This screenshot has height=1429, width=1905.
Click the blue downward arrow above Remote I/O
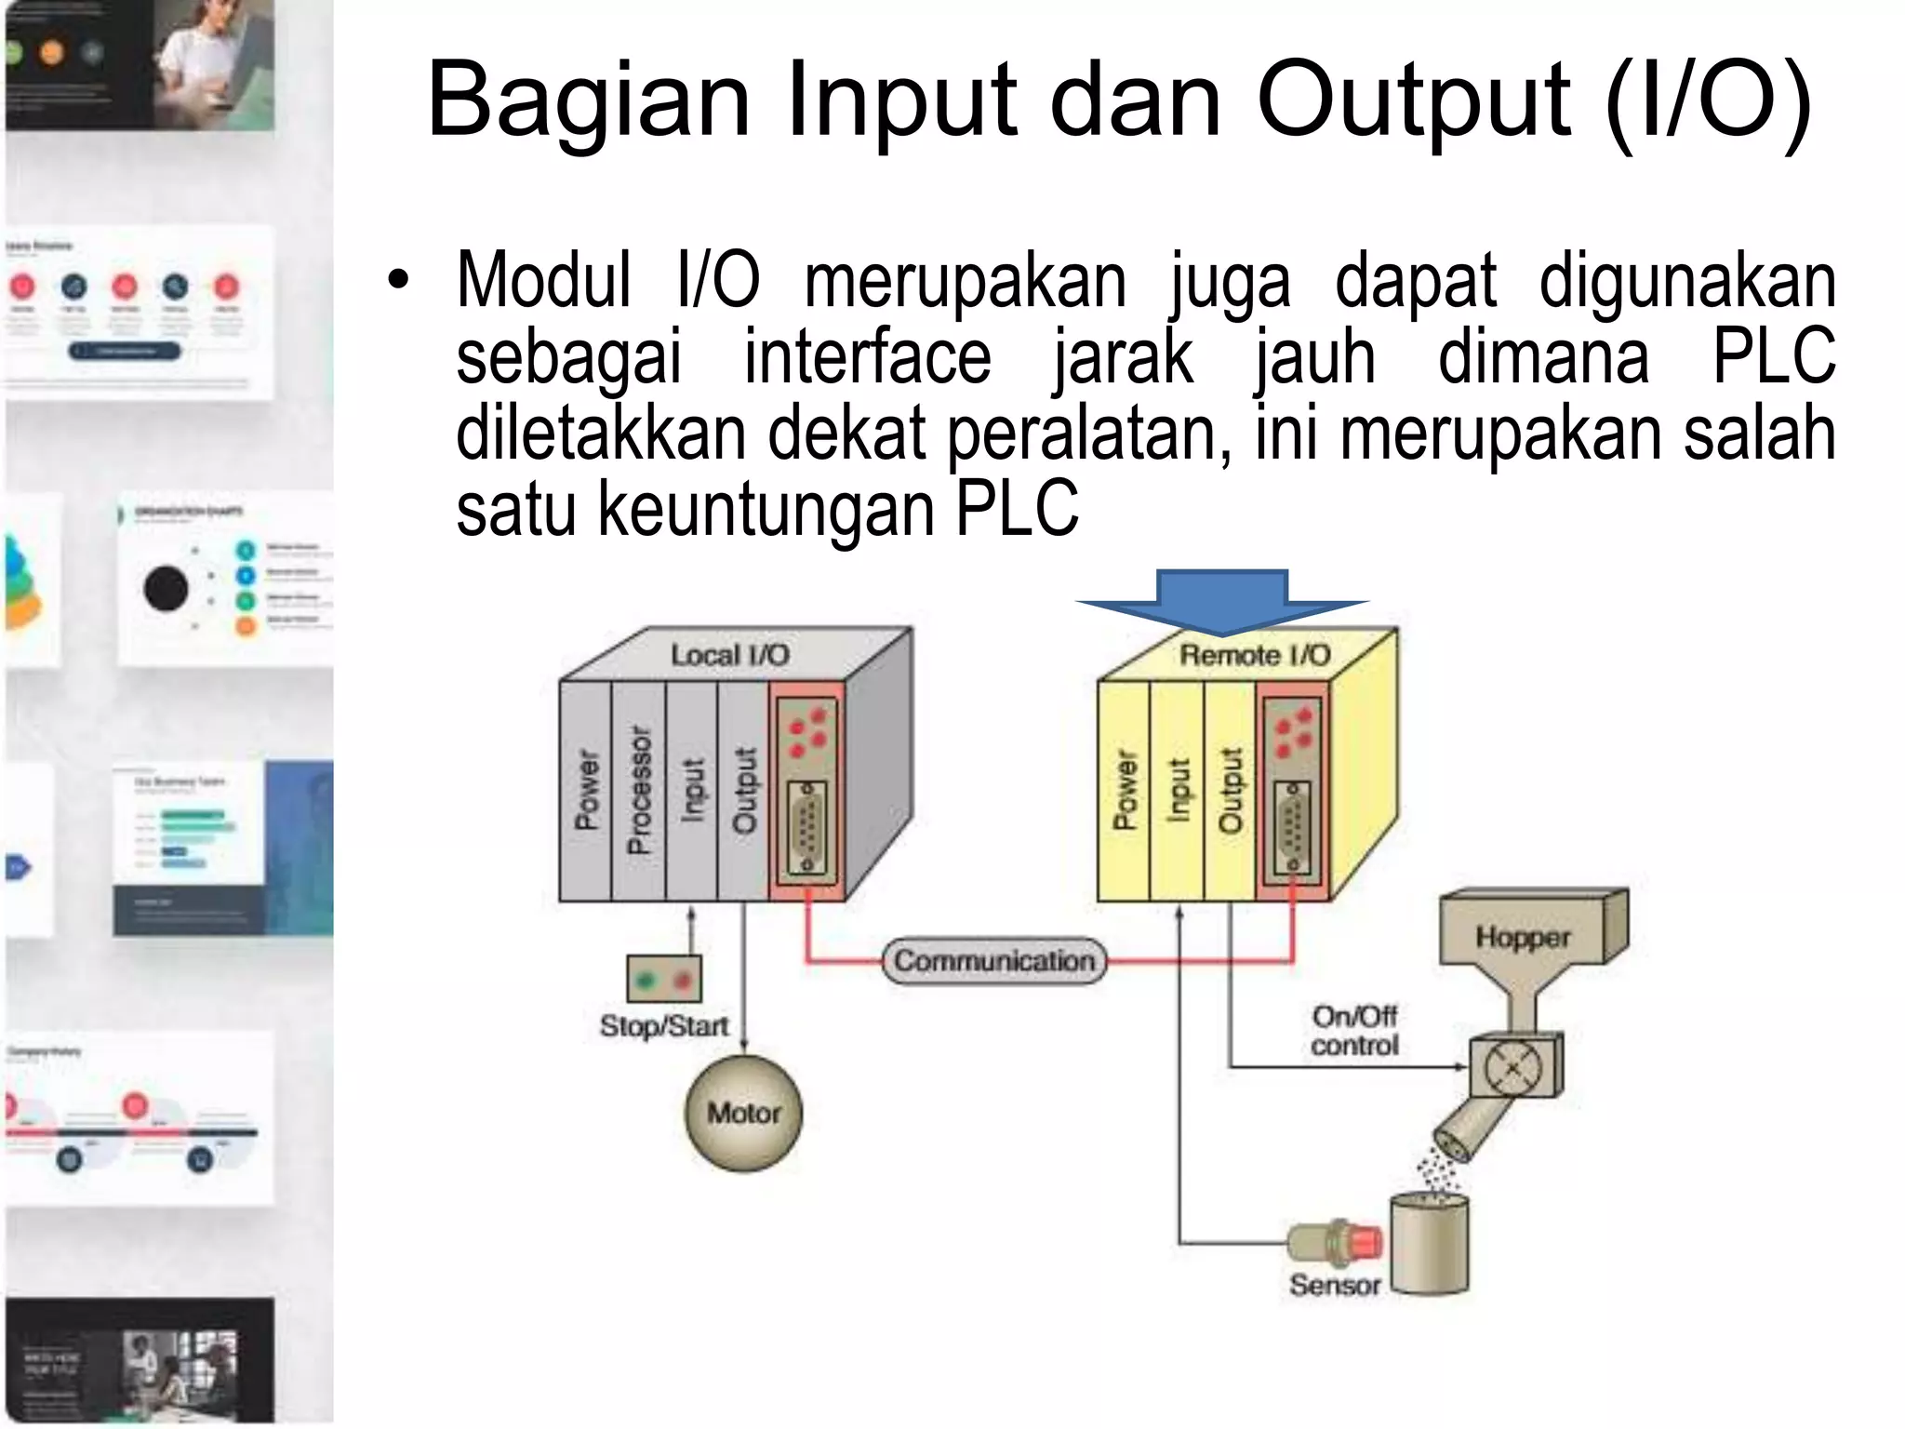(1222, 602)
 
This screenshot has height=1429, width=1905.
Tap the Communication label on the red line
(994, 960)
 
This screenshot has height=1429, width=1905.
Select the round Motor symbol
(743, 1113)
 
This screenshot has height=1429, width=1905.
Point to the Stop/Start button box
(664, 979)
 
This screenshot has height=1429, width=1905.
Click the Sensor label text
(1334, 1285)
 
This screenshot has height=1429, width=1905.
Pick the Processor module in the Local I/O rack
(639, 791)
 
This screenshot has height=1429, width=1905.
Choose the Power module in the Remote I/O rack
(1125, 791)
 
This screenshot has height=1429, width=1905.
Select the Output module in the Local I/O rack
(744, 791)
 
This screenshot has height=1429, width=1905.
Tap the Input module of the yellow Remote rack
(1178, 791)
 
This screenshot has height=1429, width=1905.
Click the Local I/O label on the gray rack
(729, 655)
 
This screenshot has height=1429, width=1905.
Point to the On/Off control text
(1354, 1031)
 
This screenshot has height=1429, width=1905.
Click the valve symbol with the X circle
(1514, 1068)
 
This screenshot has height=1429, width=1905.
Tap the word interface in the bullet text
(867, 357)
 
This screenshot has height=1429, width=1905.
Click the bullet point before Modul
(398, 281)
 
